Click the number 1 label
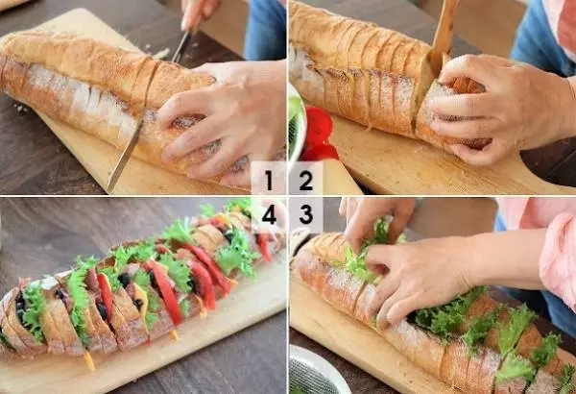[269, 181]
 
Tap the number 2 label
[306, 181]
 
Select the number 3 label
[306, 214]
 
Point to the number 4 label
[269, 214]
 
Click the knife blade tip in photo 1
[109, 189]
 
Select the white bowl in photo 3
[316, 371]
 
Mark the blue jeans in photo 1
[265, 30]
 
